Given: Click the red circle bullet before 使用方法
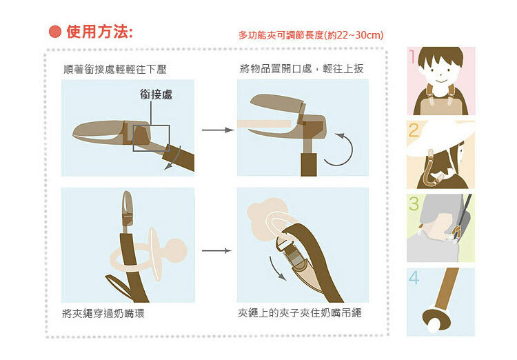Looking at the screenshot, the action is click(55, 32).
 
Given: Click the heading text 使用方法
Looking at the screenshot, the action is click(99, 32).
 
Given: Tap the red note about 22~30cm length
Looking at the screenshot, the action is click(311, 35).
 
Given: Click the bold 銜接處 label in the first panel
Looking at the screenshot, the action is click(156, 94).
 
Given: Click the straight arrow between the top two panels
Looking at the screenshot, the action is click(218, 130).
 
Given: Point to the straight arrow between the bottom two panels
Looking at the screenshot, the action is click(216, 251).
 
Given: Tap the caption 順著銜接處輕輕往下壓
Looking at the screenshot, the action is click(114, 69).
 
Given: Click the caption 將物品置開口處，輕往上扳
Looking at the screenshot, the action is click(302, 69).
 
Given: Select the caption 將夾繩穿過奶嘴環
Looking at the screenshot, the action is click(103, 314).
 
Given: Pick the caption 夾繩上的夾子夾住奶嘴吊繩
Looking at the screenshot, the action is click(299, 313).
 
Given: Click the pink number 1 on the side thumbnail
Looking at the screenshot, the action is click(412, 56).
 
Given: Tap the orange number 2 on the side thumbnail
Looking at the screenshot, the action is click(414, 130).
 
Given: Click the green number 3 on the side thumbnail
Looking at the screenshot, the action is click(414, 203).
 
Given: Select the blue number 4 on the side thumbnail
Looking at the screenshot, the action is click(414, 277).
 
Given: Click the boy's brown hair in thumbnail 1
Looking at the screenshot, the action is click(440, 55).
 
